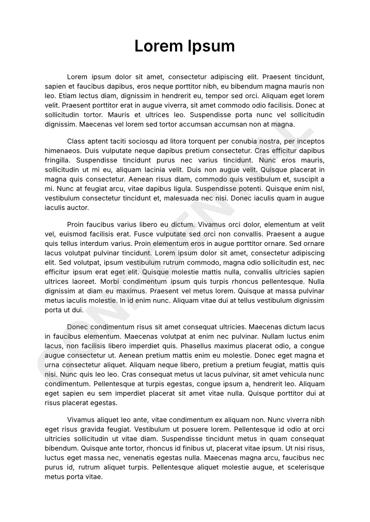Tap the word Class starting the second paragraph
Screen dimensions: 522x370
(x=76, y=141)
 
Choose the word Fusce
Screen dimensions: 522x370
(x=139, y=234)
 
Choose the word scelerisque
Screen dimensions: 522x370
(x=304, y=467)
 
